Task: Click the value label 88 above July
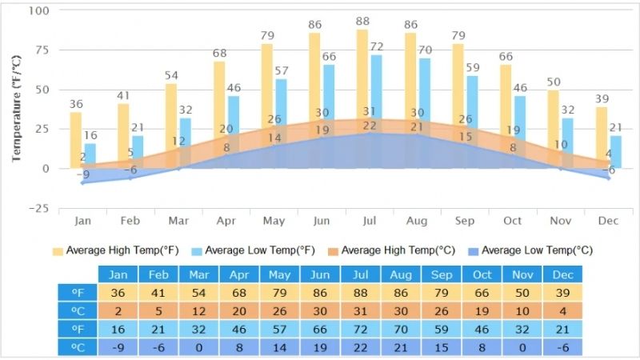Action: pyautogui.click(x=362, y=22)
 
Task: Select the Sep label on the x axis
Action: pyautogui.click(x=464, y=221)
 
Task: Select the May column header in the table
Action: pyautogui.click(x=279, y=274)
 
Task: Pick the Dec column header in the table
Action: pyautogui.click(x=562, y=274)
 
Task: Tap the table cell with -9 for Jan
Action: pyautogui.click(x=118, y=347)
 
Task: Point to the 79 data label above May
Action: pyautogui.click(x=268, y=36)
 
